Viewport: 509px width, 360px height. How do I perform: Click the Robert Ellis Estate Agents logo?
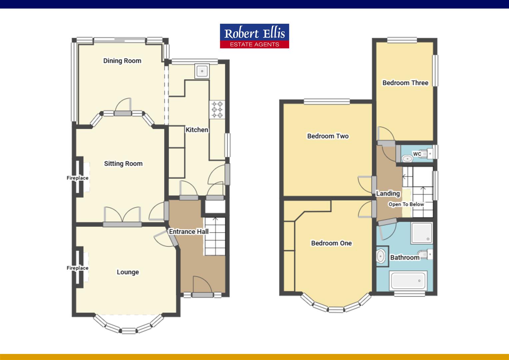(254, 36)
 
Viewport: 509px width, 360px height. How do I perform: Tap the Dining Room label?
(122, 61)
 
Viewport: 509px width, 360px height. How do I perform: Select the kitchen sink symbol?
(202, 71)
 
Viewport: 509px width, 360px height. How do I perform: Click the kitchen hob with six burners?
(217, 109)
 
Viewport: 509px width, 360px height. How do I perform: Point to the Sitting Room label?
(123, 164)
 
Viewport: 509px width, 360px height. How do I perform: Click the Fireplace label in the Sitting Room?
(77, 178)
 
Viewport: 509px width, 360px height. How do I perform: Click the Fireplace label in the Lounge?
(77, 268)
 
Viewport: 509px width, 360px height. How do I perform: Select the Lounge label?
(128, 272)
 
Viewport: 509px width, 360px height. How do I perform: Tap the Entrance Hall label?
(189, 232)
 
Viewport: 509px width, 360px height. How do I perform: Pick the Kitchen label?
(197, 130)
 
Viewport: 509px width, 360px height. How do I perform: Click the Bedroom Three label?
(405, 83)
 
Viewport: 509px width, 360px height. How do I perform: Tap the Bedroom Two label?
(328, 136)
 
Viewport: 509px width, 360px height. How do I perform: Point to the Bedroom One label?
(331, 243)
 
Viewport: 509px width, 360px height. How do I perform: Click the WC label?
(417, 154)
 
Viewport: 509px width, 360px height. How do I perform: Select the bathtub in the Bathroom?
(408, 281)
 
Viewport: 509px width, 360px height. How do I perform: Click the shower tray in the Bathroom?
(421, 233)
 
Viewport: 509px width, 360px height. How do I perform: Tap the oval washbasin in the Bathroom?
(381, 257)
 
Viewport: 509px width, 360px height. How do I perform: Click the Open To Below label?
(406, 204)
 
